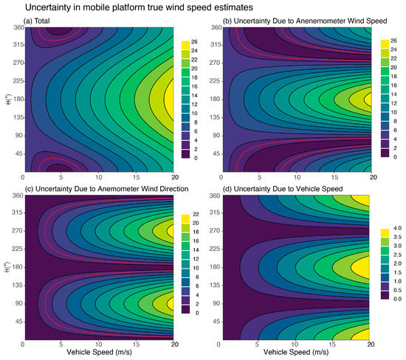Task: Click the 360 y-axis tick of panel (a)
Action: [x=14, y=28]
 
